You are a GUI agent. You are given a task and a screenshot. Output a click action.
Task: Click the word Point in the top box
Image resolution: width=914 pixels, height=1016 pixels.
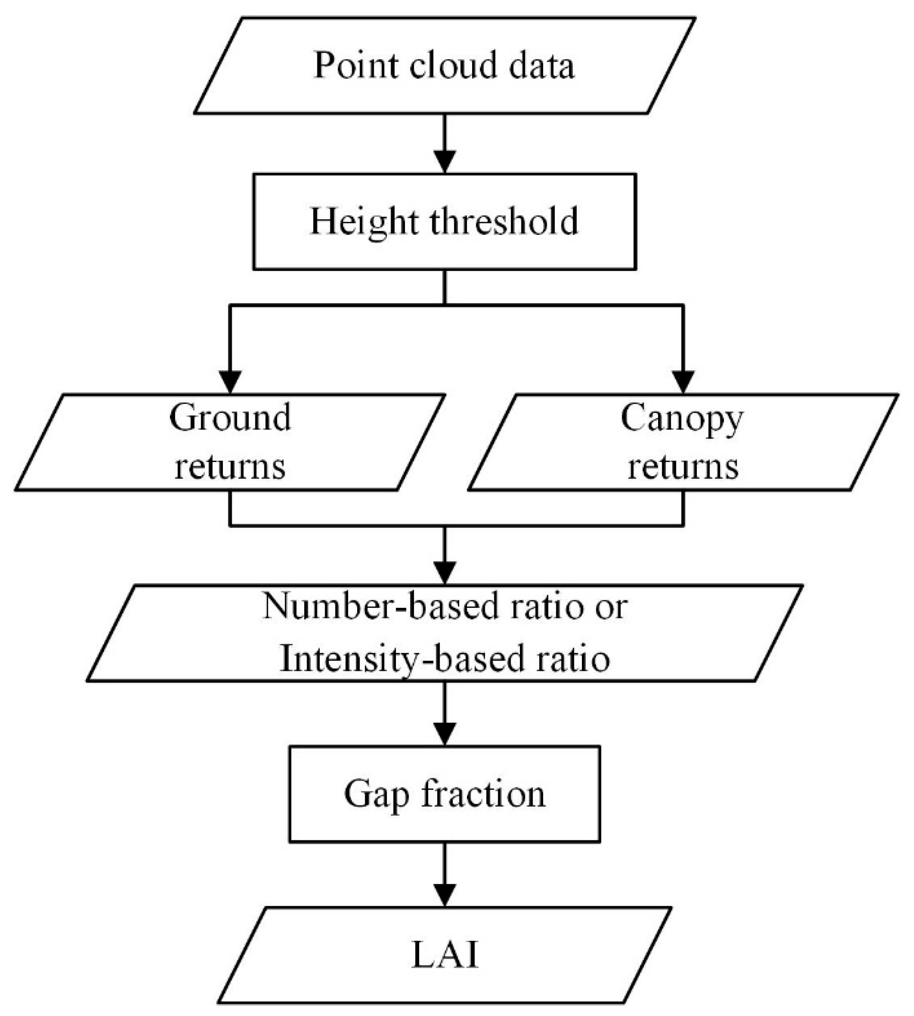[x=355, y=66]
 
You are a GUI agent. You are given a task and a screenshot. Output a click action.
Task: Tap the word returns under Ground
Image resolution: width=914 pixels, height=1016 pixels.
[x=230, y=467]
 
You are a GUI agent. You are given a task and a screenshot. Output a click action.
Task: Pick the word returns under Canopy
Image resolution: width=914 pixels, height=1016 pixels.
[x=683, y=467]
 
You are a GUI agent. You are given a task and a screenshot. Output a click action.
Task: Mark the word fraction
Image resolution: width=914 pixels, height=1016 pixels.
[x=483, y=794]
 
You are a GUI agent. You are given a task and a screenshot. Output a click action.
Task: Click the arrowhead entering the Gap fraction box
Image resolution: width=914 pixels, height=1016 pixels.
[x=444, y=734]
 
